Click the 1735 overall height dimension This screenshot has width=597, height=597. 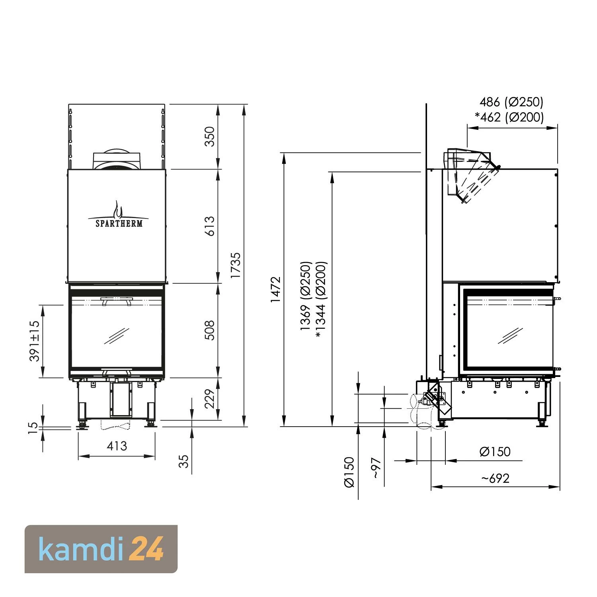235,265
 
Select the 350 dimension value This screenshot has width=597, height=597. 209,137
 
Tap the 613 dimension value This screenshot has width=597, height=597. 209,226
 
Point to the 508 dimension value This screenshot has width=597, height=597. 209,330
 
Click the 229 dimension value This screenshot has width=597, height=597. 209,399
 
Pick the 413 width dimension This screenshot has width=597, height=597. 117,446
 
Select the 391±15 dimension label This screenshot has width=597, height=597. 35,341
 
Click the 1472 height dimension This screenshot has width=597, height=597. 275,289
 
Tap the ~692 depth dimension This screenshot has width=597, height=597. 495,478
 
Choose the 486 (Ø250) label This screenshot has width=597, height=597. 511,102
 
